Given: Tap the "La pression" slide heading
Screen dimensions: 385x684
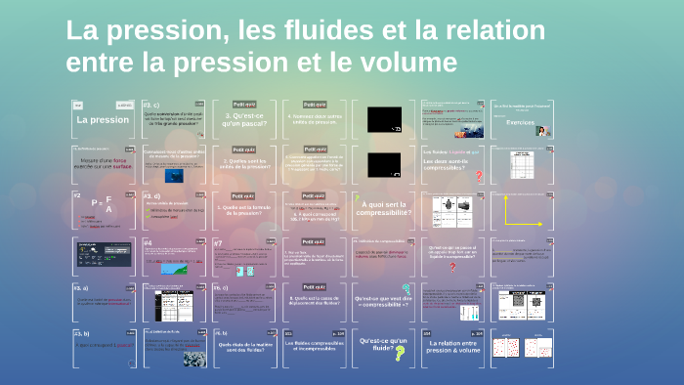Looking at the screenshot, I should (x=103, y=120).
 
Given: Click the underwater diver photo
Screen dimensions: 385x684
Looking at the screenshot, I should (x=173, y=176).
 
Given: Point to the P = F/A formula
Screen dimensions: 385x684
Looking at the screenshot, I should (x=103, y=204).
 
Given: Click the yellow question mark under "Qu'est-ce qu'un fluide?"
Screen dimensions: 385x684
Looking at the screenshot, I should (x=400, y=355).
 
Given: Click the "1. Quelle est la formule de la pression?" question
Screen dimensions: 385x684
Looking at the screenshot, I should (x=244, y=210).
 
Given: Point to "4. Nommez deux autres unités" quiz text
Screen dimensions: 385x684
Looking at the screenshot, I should (x=315, y=120).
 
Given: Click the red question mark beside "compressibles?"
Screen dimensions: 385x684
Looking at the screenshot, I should (x=479, y=176).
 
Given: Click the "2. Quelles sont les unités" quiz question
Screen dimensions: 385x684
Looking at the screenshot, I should (x=244, y=165).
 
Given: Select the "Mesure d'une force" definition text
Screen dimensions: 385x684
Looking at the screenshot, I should (x=104, y=162).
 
